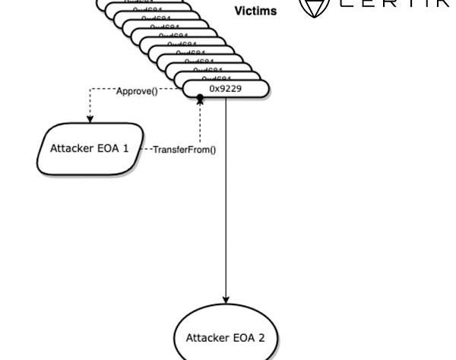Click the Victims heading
click(x=255, y=11)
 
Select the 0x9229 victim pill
click(x=226, y=89)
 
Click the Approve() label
click(x=137, y=92)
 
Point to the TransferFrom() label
click(x=184, y=150)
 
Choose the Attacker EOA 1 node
click(x=90, y=149)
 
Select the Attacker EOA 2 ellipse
click(x=225, y=337)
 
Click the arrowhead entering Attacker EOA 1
click(x=90, y=118)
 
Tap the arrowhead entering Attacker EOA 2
click(x=225, y=300)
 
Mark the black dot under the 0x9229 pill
click(x=201, y=99)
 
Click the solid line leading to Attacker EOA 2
click(x=225, y=197)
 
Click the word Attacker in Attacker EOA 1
click(x=71, y=149)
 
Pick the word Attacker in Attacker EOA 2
click(x=206, y=337)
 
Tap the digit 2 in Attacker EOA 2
click(x=261, y=337)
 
